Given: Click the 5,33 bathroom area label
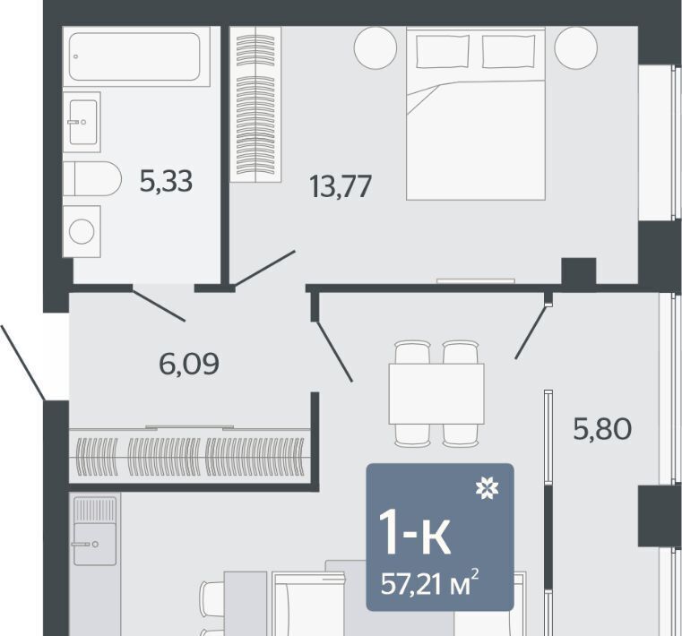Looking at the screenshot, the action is pos(166,181).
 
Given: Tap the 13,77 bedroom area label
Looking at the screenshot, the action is pos(341,186).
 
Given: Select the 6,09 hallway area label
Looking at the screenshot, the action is pos(189,365).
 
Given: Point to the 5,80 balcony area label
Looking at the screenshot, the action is pos(602,428).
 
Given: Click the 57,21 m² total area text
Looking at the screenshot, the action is pos(430,583).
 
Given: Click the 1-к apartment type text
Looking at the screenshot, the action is pos(415,532).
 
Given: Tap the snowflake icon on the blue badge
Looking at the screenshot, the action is pos(488,488).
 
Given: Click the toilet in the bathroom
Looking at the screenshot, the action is pos(92,178).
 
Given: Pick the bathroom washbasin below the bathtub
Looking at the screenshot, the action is pos(82,122).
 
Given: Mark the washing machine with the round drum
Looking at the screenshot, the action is pos(82,231).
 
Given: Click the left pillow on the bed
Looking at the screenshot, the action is pos(443,52).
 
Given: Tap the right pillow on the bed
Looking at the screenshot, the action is pos(508,52).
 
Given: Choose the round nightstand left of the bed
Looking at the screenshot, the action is pos(376,47).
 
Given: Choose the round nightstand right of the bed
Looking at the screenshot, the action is pos(576,47).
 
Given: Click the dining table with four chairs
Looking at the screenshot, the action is pos(436,394).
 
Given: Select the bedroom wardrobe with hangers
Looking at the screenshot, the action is pos(255,104).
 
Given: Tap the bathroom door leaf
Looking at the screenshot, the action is pos(160,306).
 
